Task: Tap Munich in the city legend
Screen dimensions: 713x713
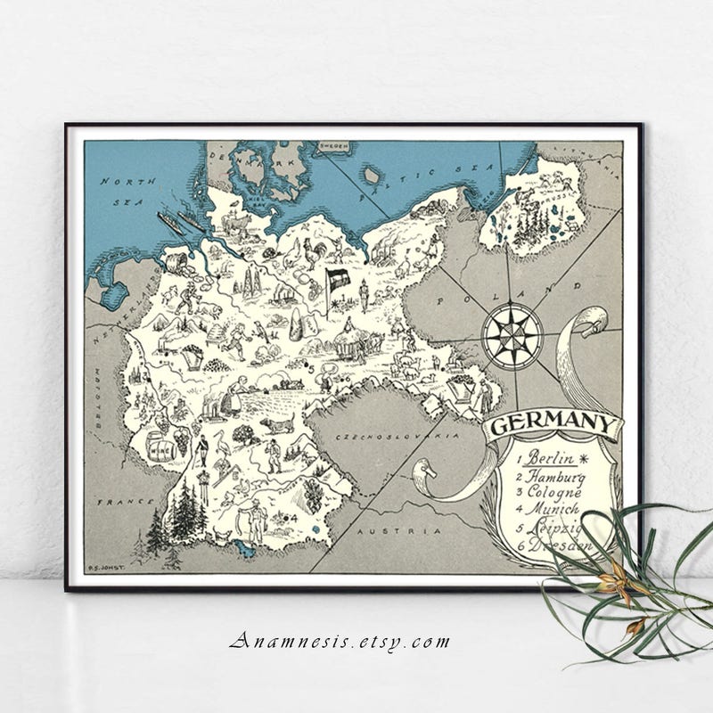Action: (x=552, y=510)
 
